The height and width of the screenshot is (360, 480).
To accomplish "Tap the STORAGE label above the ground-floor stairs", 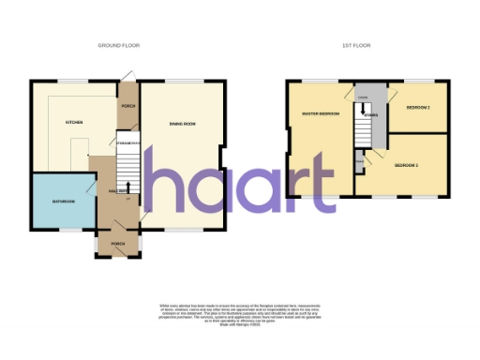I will click(x=128, y=142).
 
